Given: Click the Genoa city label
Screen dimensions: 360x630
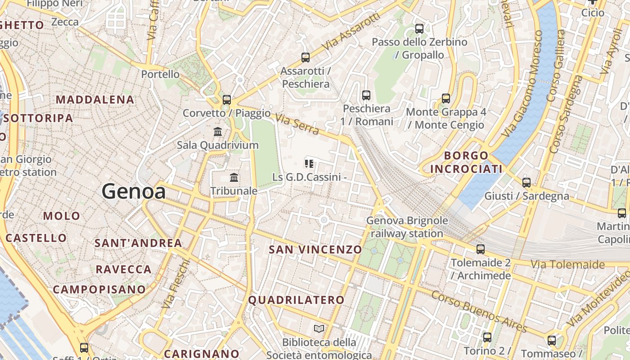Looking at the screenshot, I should (x=133, y=191).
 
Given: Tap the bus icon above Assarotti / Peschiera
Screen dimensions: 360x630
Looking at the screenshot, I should (x=306, y=58).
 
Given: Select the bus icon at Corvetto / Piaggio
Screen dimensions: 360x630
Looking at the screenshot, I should (x=227, y=100).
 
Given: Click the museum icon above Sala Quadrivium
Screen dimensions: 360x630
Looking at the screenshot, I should (x=218, y=132).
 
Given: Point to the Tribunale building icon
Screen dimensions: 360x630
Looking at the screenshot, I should (x=234, y=178).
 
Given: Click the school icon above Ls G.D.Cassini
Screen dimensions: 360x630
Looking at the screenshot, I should (x=309, y=163).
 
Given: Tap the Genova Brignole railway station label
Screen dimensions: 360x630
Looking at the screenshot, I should (x=407, y=227).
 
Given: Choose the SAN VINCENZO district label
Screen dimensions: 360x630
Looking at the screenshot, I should (x=315, y=249).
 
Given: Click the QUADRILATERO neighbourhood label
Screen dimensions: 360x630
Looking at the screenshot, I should (x=296, y=300).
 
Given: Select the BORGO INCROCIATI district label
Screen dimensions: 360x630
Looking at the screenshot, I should (x=466, y=162).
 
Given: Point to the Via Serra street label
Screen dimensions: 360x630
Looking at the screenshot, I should (x=297, y=124).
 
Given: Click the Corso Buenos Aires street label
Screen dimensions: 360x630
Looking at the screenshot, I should (x=478, y=311).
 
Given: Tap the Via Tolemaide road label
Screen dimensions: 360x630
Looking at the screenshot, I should (x=568, y=265).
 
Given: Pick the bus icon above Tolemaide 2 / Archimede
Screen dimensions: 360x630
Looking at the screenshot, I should (x=481, y=249).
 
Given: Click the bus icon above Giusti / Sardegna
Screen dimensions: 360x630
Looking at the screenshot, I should (x=526, y=183).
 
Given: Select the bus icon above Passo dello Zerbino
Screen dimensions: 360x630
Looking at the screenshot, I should (x=419, y=29).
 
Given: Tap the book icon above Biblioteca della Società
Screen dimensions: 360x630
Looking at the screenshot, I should (x=319, y=329).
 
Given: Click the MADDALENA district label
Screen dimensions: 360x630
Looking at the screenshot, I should (x=95, y=100).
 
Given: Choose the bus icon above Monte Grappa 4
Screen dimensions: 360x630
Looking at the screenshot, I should (x=445, y=98).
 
